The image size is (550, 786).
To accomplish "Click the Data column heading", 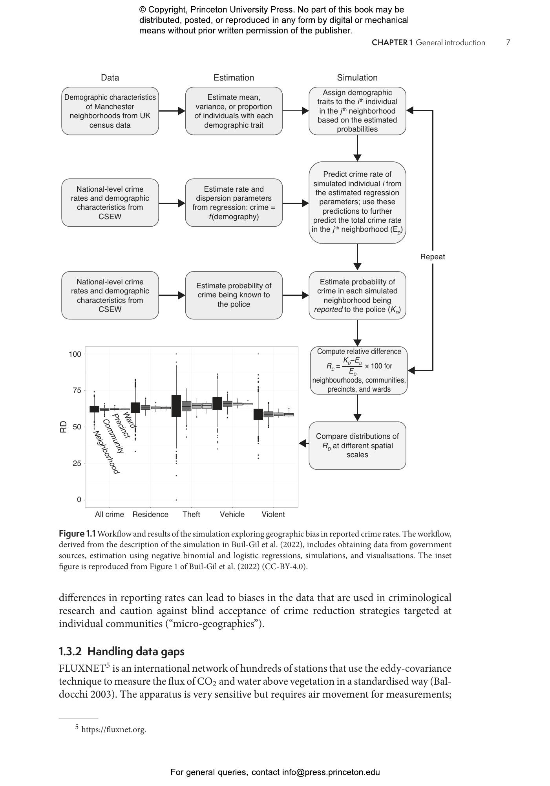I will point(110,78).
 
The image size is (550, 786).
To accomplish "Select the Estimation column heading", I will point(234,78).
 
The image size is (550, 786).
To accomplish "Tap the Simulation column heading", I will point(357,78).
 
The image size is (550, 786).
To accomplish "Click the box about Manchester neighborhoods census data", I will point(110,111).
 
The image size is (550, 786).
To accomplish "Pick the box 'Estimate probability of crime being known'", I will point(234,295).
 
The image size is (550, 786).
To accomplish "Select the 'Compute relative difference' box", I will point(358,370).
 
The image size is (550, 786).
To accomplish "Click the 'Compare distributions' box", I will point(357,445).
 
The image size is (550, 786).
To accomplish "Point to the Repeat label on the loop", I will point(432,257).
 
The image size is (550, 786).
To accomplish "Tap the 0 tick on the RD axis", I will point(79,500).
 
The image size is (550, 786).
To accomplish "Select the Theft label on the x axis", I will point(191,515).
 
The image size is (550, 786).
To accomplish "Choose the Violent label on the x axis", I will point(273,515).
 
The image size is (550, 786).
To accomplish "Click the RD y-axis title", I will point(64,427).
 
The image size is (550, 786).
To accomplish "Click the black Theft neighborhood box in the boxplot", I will point(176,406).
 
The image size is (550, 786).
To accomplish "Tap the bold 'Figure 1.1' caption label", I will point(77,534).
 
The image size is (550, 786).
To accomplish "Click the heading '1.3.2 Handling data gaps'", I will point(121,651).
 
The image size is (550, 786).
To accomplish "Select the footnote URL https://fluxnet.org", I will point(113,730).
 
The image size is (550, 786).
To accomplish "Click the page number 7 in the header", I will point(508,42).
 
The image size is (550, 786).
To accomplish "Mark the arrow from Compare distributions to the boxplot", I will point(303,443).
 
